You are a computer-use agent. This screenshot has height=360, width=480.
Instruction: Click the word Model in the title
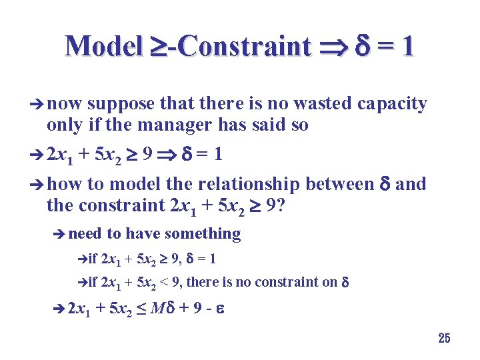pos(103,47)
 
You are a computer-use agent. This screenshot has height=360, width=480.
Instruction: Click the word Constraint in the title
pos(243,47)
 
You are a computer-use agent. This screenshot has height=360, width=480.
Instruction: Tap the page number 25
pos(444,339)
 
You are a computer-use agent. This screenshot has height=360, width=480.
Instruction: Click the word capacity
pos(393,105)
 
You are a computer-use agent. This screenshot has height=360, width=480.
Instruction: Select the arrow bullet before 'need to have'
pos(59,234)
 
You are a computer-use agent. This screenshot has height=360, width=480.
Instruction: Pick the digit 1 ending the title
pos(407,47)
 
